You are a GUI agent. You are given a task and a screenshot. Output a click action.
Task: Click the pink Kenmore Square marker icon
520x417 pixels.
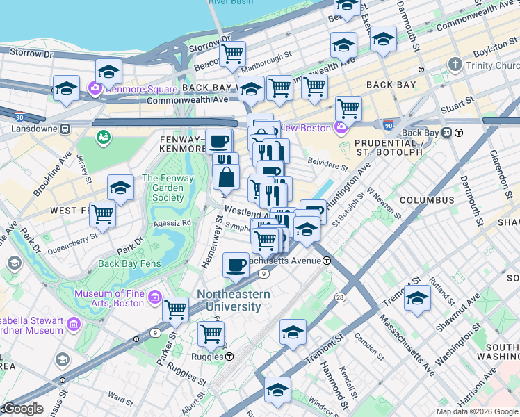click(95, 89)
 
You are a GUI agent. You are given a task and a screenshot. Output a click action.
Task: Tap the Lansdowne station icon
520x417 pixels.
click(65, 129)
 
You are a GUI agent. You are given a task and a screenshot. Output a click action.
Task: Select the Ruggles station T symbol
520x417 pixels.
click(229, 357)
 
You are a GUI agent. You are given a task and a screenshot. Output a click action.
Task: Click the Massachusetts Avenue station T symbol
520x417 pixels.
click(326, 261)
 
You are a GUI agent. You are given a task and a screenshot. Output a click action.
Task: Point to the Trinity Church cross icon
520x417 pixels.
click(455, 65)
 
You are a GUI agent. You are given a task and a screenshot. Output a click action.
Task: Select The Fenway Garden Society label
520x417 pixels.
click(163, 188)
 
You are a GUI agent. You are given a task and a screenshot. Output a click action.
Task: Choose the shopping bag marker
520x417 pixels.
click(226, 177)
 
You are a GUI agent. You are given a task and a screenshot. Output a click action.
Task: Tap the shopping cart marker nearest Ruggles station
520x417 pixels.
click(211, 333)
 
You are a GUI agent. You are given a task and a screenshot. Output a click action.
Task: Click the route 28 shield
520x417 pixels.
click(340, 297)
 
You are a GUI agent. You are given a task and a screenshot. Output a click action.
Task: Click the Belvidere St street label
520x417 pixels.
click(327, 167)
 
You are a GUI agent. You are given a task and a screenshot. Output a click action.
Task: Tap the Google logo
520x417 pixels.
click(22, 409)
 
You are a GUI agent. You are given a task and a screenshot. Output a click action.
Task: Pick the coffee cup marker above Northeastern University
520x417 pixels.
click(236, 264)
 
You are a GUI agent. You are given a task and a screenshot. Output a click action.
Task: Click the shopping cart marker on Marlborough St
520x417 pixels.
click(232, 53)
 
